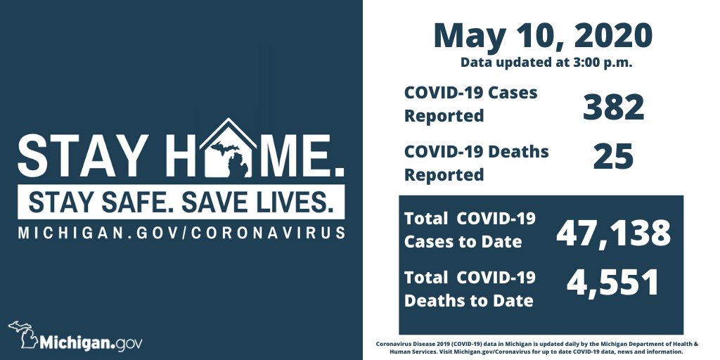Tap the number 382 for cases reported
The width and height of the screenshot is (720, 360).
613,108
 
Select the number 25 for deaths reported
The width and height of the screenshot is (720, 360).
613,157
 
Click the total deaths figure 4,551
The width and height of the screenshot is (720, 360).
613,282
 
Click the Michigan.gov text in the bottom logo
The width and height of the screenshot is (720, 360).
91,344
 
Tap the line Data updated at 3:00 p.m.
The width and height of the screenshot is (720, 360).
546,63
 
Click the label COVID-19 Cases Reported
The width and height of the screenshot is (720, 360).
470,104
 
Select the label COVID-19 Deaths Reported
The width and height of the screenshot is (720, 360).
476,162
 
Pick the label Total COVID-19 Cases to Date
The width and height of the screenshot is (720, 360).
470,230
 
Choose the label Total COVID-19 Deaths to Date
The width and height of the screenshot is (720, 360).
470,289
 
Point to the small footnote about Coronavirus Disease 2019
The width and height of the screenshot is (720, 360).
536,347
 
